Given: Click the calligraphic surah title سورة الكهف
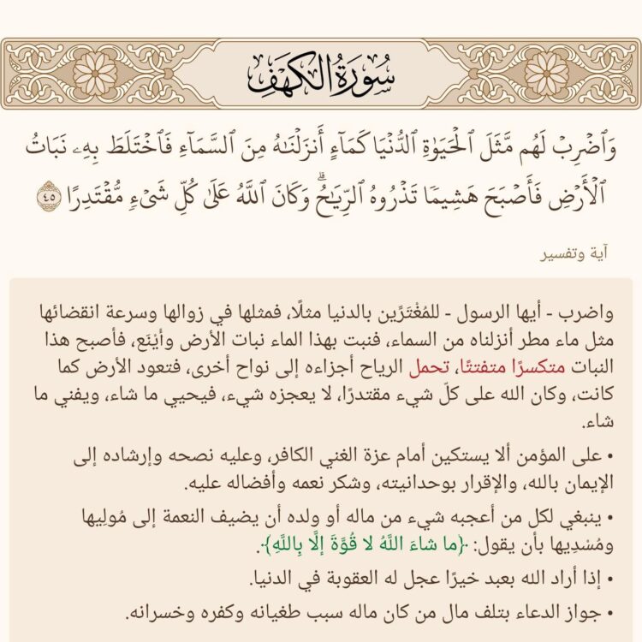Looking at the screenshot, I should pos(322,67).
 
